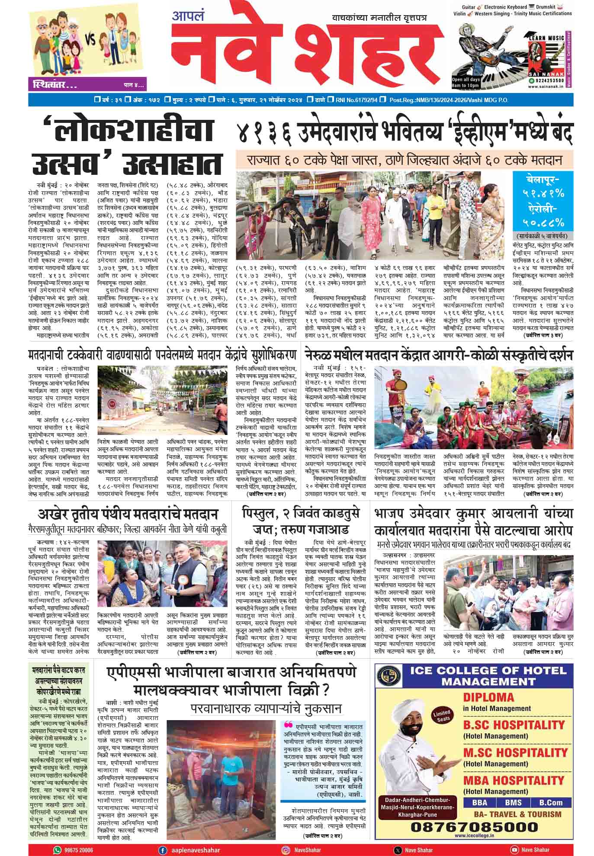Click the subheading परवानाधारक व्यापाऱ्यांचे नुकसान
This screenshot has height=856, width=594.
266,708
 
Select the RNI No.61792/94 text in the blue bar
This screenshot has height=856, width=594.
356,100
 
